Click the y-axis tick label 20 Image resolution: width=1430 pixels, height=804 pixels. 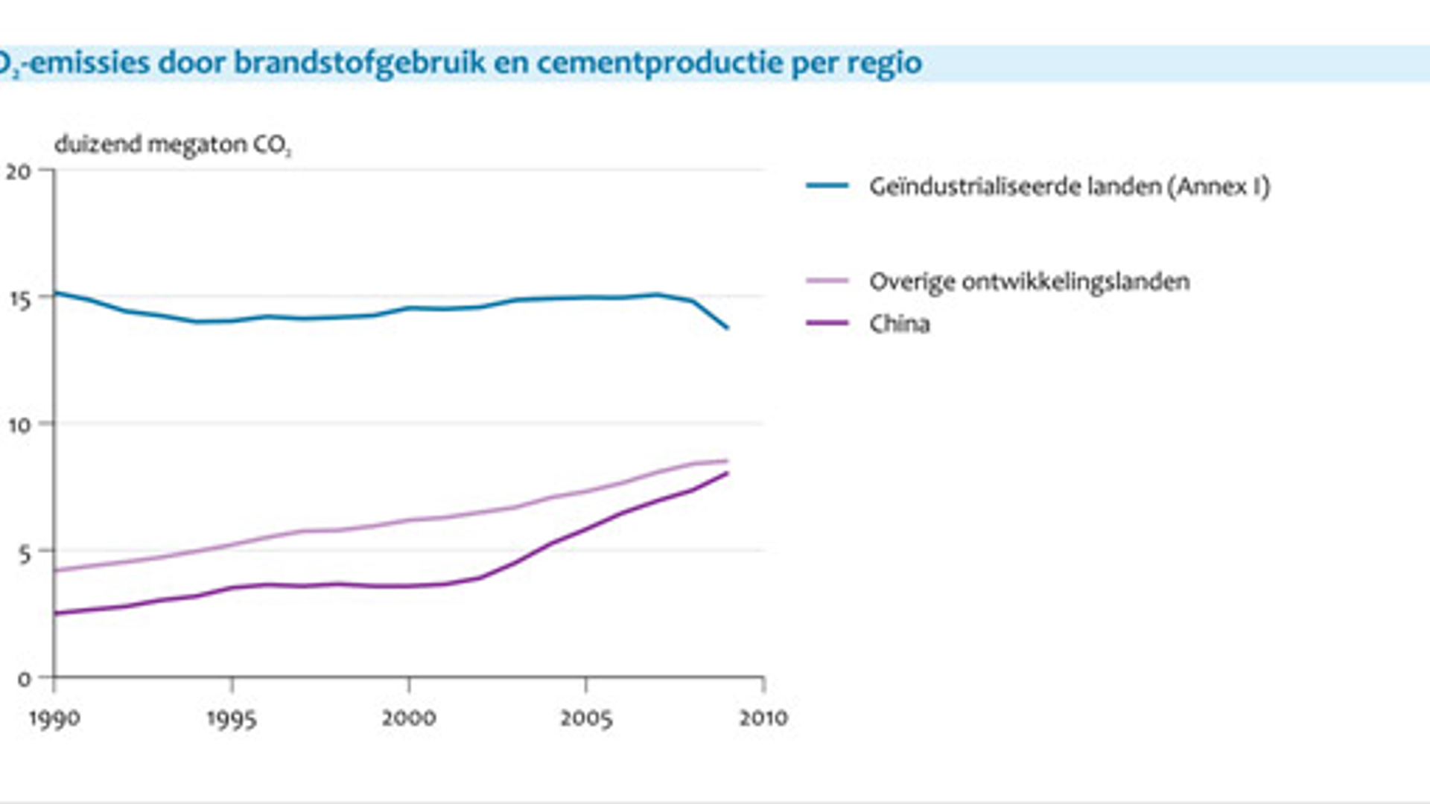pos(19,172)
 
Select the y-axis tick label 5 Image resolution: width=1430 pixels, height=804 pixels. pos(25,553)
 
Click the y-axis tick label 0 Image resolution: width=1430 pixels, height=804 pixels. pos(25,679)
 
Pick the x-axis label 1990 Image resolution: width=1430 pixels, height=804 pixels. pos(54,719)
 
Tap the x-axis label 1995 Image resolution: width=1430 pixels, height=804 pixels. pos(232,719)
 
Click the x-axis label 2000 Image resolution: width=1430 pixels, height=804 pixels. pos(409,718)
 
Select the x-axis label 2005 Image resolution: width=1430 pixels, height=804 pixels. pos(586,718)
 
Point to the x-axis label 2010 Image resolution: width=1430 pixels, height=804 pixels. pos(763,718)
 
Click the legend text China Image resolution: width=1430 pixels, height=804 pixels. pos(900,324)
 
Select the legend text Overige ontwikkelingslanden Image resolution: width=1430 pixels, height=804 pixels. pos(1029,282)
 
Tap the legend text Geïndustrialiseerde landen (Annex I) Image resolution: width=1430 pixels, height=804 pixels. pos(1070,186)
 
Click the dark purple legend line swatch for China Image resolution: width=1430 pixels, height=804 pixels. pos(827,323)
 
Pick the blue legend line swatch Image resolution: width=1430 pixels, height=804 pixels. pos(827,185)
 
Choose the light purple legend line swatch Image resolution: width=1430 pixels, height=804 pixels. pos(827,281)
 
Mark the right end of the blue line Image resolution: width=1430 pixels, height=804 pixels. pos(728,328)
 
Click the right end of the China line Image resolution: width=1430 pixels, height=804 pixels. pos(727,473)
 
